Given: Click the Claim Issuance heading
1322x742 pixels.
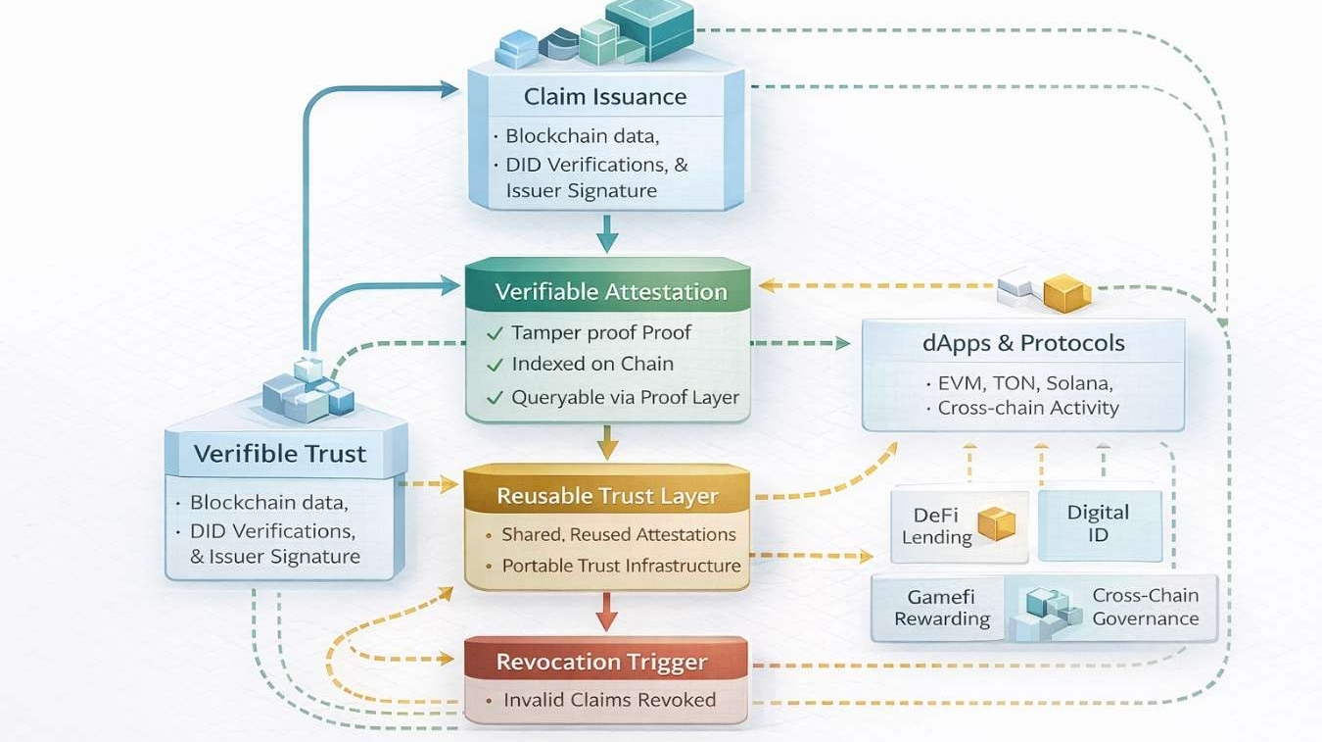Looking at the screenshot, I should coord(605,97).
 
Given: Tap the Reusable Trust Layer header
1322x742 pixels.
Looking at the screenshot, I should coord(607,496).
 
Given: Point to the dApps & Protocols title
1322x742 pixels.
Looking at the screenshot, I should coord(1023,344).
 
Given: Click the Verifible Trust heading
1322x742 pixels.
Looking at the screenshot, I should coord(280,454).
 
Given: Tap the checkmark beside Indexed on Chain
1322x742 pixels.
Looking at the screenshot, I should coord(495,365).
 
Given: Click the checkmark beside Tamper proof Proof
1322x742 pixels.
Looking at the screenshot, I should coord(495,333).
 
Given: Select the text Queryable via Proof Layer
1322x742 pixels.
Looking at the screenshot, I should coord(625,397).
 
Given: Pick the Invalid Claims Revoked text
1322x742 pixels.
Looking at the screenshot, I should coord(609,700).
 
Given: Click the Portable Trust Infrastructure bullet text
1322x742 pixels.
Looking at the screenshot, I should coord(621,566).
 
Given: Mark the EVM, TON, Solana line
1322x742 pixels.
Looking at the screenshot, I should coord(1024,383).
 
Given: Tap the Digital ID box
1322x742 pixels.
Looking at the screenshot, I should coord(1099,524).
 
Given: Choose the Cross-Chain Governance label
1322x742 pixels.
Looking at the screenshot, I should coord(1145,607).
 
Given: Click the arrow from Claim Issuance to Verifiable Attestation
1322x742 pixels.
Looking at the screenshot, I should coord(608,234).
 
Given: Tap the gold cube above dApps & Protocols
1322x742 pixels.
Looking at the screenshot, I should coord(1066,292).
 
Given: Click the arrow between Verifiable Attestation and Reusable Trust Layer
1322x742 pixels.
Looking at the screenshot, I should coord(608,443).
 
